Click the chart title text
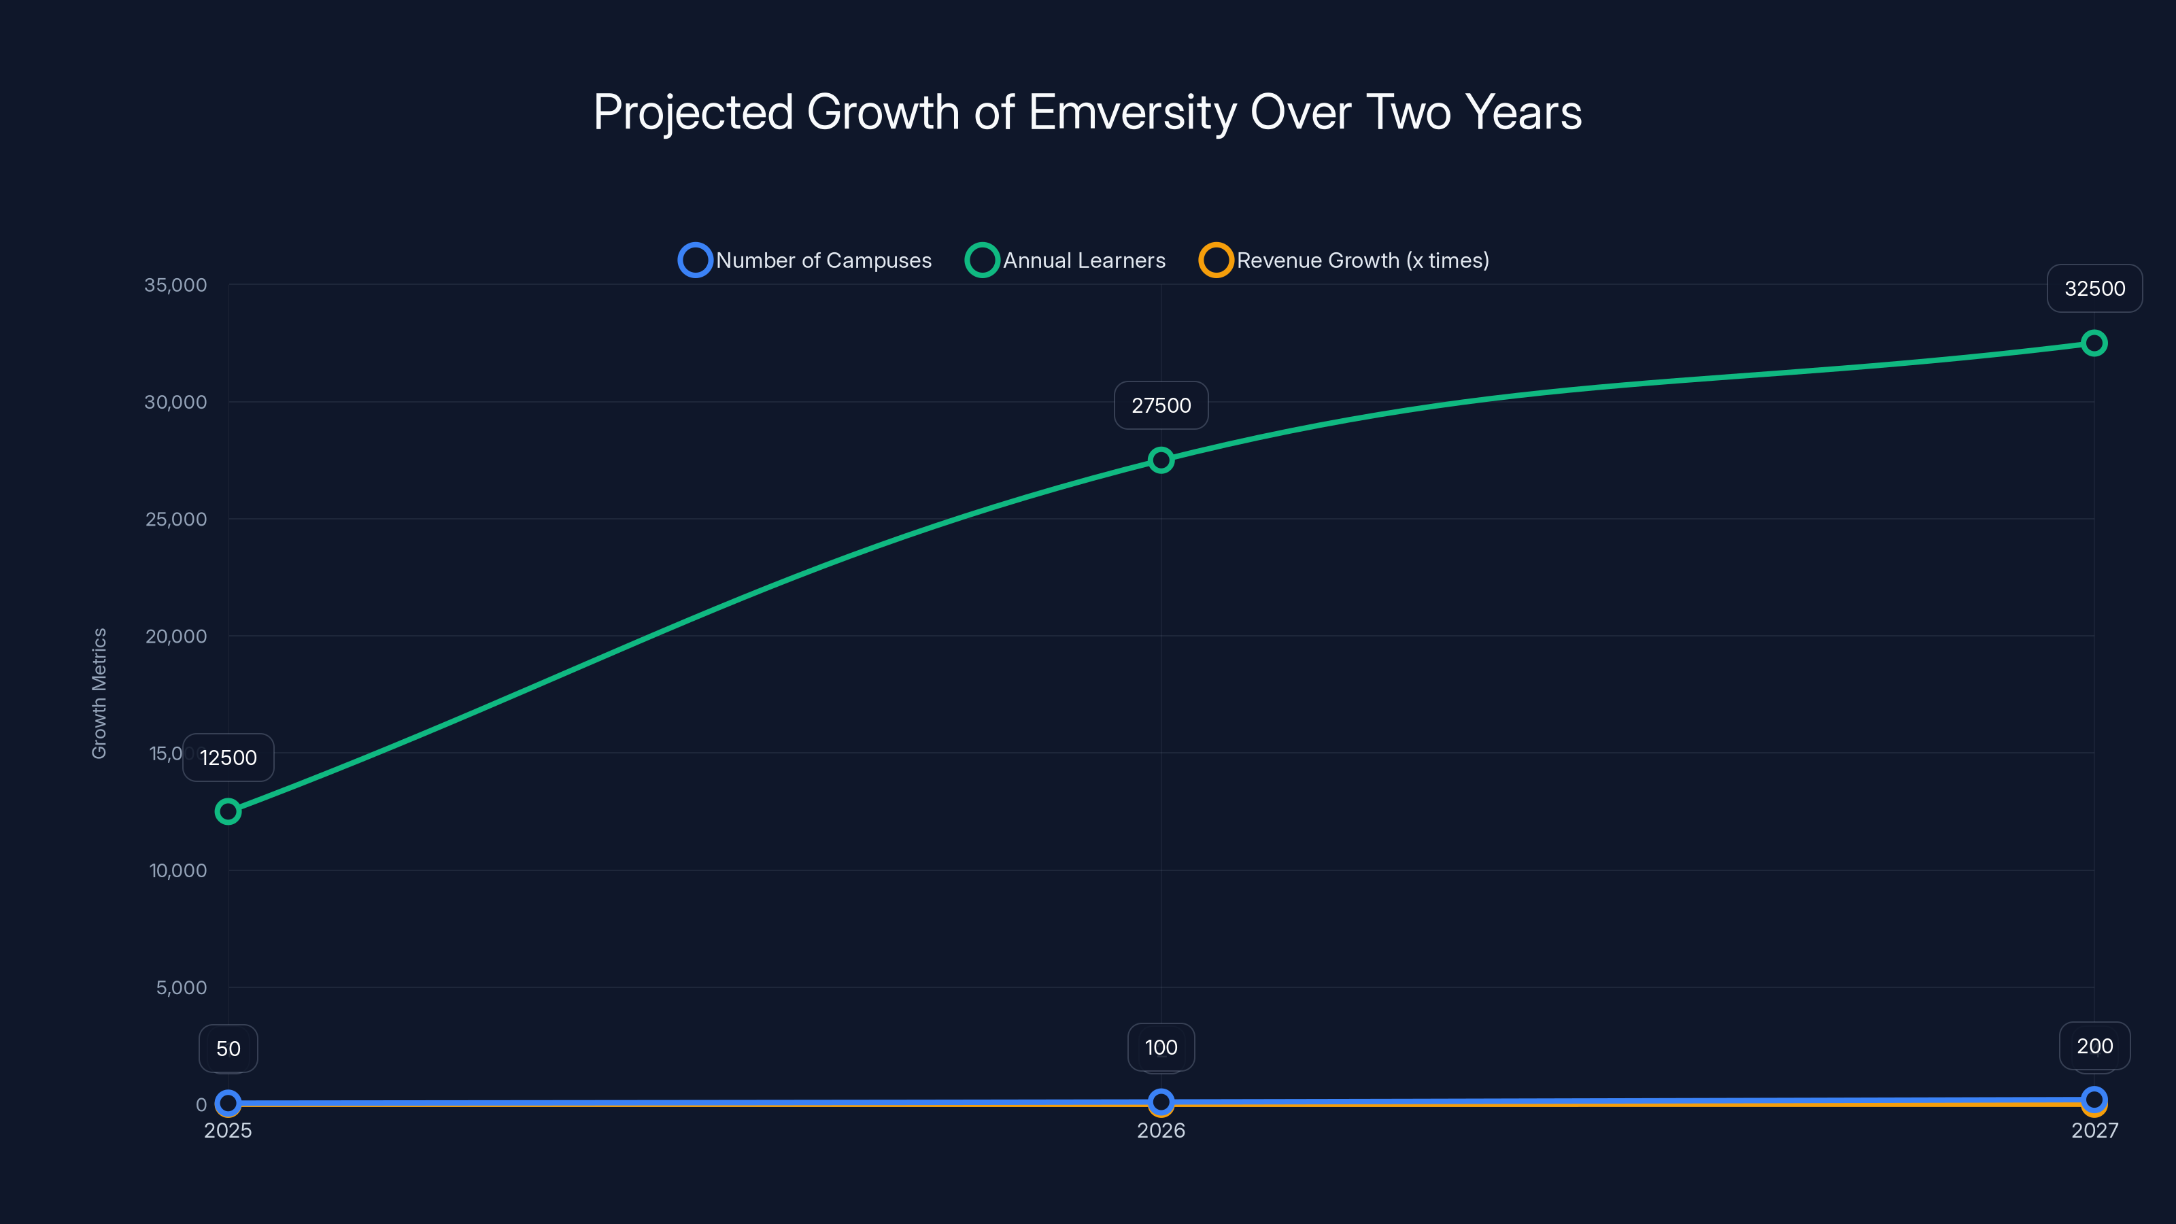[x=1087, y=112]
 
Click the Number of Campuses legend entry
[x=805, y=260]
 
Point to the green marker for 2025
[x=228, y=812]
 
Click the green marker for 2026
[x=1161, y=460]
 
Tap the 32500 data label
[x=2094, y=289]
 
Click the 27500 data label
[x=1161, y=405]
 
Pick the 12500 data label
[x=228, y=758]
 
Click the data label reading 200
[x=2094, y=1047]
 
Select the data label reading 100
[x=1161, y=1047]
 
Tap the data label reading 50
[x=228, y=1049]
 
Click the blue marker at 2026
[x=1161, y=1102]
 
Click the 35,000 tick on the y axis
[x=175, y=286]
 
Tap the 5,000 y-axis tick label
[x=181, y=988]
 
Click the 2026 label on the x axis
[x=1161, y=1130]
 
